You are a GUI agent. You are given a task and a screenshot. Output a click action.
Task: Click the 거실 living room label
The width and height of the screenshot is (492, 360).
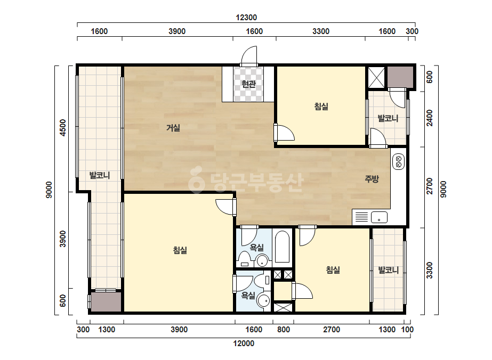click(173, 128)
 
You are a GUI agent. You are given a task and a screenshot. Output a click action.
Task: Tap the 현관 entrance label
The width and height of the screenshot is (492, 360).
click(248, 84)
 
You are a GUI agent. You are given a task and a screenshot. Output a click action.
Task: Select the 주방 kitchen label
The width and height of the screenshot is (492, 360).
click(372, 179)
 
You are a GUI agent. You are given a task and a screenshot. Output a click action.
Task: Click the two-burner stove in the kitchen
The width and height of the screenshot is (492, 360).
click(399, 161)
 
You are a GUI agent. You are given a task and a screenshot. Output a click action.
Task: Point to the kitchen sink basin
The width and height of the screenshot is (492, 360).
click(379, 217)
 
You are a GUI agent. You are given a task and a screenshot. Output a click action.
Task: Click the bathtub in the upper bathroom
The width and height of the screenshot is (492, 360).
click(282, 247)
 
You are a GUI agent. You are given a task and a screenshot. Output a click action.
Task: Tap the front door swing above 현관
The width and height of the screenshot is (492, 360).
click(249, 55)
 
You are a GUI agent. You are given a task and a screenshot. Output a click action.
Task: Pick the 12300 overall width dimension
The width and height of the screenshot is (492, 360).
click(246, 18)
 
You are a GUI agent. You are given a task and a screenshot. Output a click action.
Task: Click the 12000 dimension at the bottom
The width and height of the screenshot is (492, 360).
click(244, 343)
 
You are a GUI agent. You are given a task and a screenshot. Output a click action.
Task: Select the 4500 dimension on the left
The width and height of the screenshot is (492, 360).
click(63, 128)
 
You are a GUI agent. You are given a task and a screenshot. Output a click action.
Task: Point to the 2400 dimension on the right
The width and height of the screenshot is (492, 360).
click(430, 118)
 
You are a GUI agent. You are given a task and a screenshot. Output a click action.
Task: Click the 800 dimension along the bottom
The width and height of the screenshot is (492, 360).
click(284, 330)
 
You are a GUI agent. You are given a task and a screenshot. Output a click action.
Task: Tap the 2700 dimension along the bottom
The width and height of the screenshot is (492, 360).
click(332, 330)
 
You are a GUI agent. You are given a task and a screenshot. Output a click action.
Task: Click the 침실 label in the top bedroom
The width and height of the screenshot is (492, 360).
click(321, 107)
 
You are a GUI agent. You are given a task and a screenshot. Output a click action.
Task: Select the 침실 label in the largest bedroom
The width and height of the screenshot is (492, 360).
click(180, 250)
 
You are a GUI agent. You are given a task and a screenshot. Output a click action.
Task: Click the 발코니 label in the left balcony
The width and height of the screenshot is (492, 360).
click(100, 175)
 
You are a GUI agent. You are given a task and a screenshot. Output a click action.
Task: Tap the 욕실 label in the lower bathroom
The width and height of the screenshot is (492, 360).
click(248, 296)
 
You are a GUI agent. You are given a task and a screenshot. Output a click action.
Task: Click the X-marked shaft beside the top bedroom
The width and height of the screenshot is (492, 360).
click(376, 77)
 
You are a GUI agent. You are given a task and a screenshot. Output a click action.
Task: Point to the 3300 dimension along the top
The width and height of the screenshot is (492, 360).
click(321, 31)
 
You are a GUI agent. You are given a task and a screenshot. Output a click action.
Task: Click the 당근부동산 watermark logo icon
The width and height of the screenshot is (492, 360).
click(196, 179)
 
